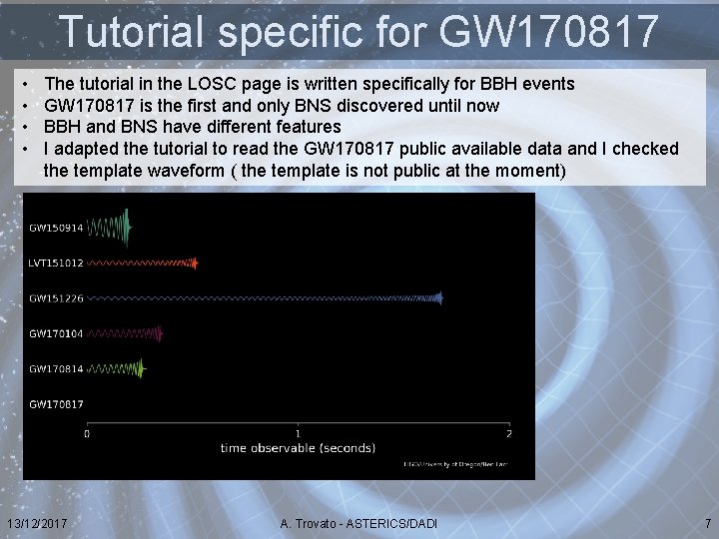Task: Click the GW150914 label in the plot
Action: [x=56, y=229]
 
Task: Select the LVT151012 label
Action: [x=56, y=264]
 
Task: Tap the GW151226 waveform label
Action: [x=56, y=298]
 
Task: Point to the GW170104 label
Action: [x=56, y=333]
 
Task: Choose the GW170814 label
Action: [x=56, y=369]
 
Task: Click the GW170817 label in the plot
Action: [x=56, y=404]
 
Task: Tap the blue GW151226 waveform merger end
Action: [x=438, y=297]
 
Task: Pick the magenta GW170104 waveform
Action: [x=126, y=333]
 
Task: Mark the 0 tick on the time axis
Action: [x=87, y=433]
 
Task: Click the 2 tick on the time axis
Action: [x=508, y=433]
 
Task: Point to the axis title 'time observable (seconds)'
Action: [x=298, y=448]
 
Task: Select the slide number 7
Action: [x=708, y=524]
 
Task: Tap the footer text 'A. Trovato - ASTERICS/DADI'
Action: [x=359, y=524]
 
